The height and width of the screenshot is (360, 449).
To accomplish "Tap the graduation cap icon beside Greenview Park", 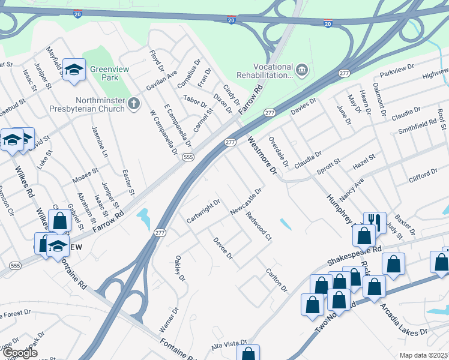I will [74, 71].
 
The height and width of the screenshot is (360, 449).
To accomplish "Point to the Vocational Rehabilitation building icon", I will [301, 71].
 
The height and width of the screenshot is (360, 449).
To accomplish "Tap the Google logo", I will [19, 353].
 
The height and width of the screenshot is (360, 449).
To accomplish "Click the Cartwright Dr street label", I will [203, 212].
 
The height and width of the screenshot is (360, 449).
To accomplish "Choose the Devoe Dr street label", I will [223, 248].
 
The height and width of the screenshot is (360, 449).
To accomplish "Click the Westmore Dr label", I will [262, 155].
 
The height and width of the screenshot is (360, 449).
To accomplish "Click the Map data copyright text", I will [423, 355].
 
